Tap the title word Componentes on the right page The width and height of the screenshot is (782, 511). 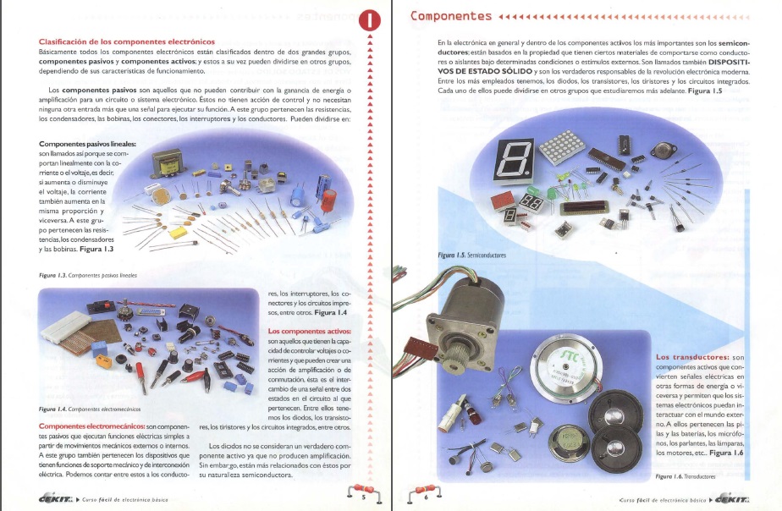(451, 16)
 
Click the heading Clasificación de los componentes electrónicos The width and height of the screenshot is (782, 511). (127, 41)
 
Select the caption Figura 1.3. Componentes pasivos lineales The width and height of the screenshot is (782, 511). (88, 275)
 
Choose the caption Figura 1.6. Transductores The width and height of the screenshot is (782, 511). (686, 476)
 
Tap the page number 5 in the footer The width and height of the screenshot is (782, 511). (362, 497)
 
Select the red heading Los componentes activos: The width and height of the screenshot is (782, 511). (309, 330)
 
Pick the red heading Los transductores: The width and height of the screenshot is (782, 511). (693, 358)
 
